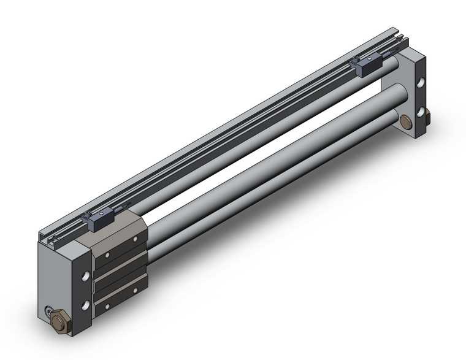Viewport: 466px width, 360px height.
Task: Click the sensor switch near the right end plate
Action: pos(366,66)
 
